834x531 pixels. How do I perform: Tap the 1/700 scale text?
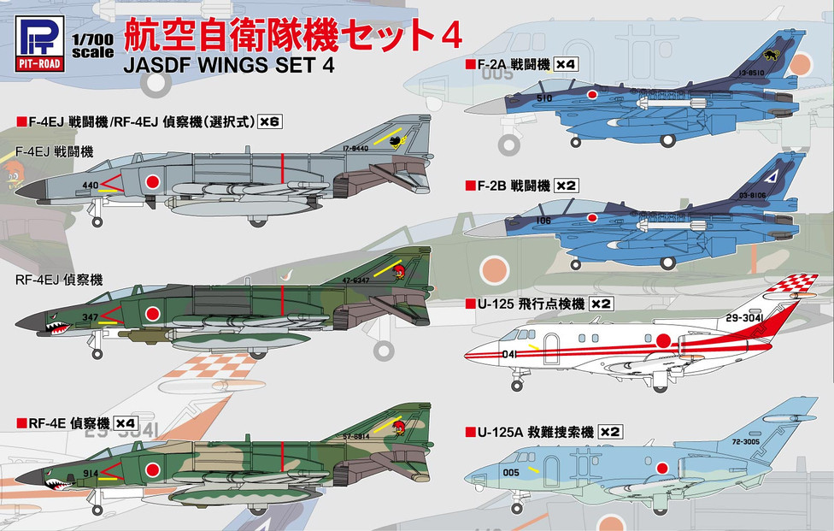coord(91,45)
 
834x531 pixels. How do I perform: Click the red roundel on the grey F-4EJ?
coord(152,181)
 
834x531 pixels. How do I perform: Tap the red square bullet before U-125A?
coord(468,432)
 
